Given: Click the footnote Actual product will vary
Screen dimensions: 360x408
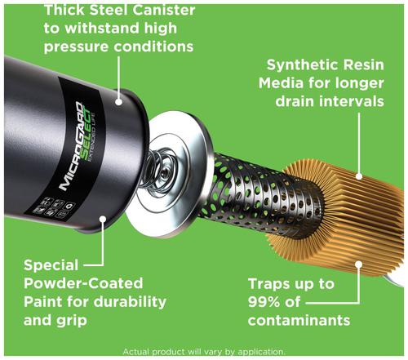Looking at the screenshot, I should pos(203,351).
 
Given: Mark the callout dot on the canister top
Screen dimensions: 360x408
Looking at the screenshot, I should pos(119,101).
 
